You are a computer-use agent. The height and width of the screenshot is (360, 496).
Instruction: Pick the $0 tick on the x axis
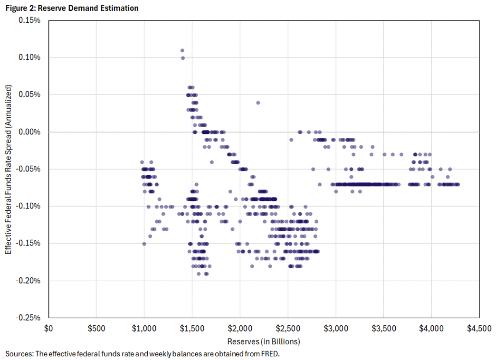tap(48, 328)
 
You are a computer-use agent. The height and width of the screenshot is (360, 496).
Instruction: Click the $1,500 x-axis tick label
tap(192, 328)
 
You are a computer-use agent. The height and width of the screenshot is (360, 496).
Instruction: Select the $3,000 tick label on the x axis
tap(335, 328)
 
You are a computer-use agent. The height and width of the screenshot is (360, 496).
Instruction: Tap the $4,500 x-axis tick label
tap(479, 328)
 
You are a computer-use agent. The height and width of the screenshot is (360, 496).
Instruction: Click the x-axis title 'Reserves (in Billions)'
tap(264, 341)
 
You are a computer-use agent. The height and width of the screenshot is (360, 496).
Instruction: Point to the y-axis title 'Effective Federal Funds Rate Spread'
tap(9, 169)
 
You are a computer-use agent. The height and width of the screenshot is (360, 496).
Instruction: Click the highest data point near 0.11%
tap(182, 50)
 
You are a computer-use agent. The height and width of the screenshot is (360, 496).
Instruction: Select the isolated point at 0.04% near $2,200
tap(258, 103)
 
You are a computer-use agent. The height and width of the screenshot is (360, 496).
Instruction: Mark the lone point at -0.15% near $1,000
tap(144, 244)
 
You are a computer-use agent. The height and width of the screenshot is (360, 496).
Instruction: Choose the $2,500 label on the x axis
tap(287, 328)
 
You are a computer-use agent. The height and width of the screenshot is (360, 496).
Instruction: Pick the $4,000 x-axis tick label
tap(431, 328)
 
